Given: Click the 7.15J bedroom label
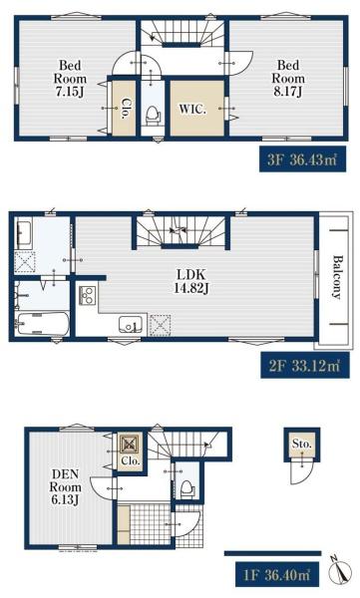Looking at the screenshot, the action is (x=70, y=79).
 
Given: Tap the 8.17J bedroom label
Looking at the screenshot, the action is (x=288, y=78).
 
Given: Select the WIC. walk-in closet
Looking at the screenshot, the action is (x=197, y=109).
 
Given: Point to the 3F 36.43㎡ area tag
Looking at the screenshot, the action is (x=303, y=159).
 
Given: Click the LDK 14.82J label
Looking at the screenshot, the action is (x=190, y=281).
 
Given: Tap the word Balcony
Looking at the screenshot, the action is (x=337, y=277).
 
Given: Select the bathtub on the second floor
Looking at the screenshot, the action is (x=42, y=324).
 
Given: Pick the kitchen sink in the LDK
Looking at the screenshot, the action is (x=131, y=325).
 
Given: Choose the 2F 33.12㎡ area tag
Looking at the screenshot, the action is (x=305, y=366).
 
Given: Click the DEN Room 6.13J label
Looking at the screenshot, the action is (x=65, y=487).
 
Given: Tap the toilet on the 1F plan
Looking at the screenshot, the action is (x=187, y=489).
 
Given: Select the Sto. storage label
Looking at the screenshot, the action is (x=301, y=444).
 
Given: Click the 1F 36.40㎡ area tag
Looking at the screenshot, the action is (x=277, y=575).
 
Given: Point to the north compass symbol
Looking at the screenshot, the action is (x=339, y=571).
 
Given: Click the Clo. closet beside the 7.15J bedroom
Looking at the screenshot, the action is (x=124, y=109).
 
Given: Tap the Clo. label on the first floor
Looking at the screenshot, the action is (x=131, y=460).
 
